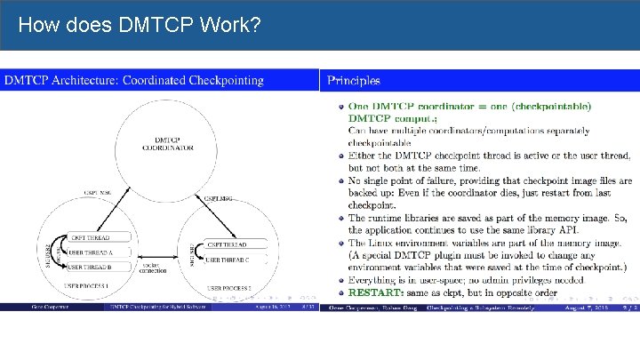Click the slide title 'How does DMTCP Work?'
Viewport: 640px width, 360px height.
click(x=139, y=25)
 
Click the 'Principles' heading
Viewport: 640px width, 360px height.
click(x=354, y=80)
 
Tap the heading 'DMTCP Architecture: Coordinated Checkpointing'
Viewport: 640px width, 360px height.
click(x=134, y=80)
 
